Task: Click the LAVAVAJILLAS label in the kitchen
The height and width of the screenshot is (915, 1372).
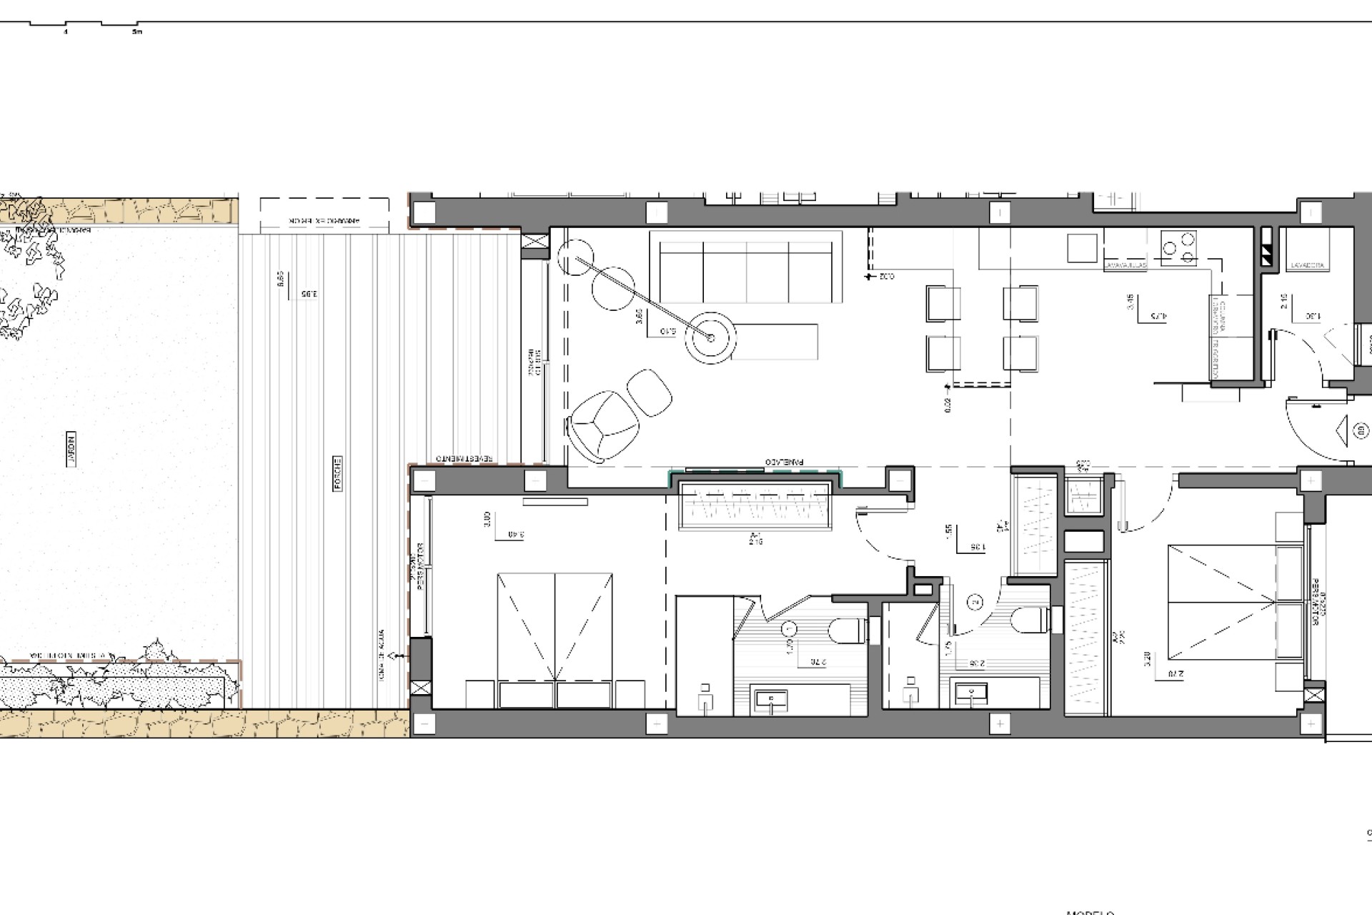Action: coord(1125,266)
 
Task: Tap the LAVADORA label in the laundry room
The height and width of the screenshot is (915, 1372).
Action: coord(1308,266)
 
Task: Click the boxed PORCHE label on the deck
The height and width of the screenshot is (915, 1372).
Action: coord(337,473)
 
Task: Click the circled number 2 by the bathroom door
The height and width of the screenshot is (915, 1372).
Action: coord(975,603)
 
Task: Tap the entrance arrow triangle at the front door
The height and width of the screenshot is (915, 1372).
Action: coord(1341,430)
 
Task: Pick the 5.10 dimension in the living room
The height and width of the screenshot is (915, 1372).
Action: coord(668,330)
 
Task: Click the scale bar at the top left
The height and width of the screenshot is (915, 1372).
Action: coord(86,26)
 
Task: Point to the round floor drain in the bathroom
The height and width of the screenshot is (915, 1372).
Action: coord(789,630)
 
